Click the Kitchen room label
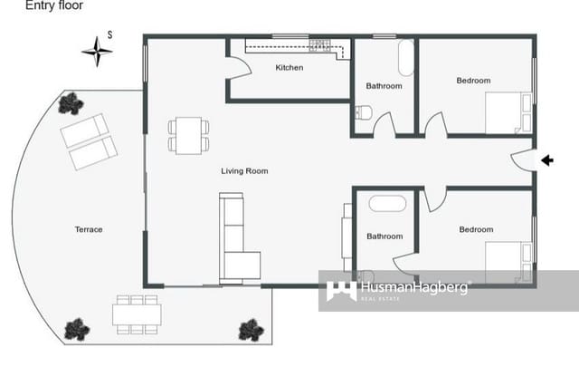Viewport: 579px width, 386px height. [289, 68]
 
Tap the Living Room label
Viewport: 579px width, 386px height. [244, 170]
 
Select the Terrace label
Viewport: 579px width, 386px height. [89, 229]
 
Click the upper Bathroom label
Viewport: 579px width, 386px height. [384, 86]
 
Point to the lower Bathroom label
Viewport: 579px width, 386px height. [384, 236]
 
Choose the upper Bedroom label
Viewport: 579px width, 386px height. [473, 81]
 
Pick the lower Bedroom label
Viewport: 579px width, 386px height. [476, 229]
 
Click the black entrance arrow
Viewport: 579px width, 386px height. [546, 160]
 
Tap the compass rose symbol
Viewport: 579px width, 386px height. [97, 51]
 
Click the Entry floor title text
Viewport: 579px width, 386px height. [54, 6]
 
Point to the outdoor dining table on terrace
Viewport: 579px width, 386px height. [137, 314]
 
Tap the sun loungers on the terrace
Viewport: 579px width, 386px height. [89, 141]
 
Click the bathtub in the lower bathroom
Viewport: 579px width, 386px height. [385, 202]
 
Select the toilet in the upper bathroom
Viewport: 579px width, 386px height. [363, 112]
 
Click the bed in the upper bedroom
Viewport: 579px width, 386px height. [508, 113]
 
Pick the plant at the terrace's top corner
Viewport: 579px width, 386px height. [71, 104]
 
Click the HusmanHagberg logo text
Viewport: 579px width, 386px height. [415, 289]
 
